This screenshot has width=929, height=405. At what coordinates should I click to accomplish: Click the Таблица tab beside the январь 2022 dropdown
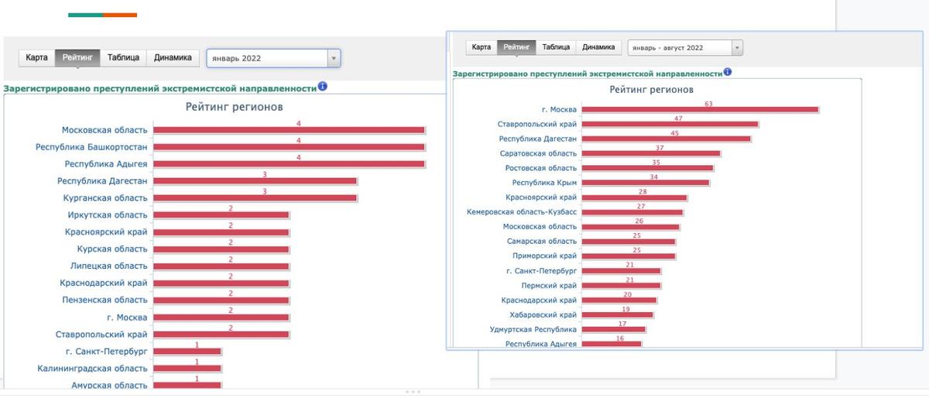(123, 57)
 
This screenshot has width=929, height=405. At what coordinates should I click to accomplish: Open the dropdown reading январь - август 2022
(684, 48)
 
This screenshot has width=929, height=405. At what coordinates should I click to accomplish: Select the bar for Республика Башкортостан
(289, 147)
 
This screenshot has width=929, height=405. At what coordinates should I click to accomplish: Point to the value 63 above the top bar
(708, 104)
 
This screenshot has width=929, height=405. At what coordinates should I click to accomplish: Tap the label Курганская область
(106, 197)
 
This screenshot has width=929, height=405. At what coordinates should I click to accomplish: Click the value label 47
(678, 118)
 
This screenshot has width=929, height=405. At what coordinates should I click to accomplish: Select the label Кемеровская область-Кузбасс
(522, 211)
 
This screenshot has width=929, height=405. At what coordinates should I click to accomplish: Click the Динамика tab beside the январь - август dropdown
(599, 47)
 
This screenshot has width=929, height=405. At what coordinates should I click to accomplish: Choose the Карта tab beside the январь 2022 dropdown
(36, 57)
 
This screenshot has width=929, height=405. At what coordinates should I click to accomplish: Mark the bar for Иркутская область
(221, 215)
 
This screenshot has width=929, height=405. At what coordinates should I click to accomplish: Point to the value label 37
(660, 147)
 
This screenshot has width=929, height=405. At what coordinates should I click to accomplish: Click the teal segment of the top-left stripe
(85, 15)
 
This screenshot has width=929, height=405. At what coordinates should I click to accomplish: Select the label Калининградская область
(92, 369)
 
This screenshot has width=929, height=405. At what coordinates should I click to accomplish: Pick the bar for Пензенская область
(221, 300)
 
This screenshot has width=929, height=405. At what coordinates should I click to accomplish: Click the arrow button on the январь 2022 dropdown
(334, 58)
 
